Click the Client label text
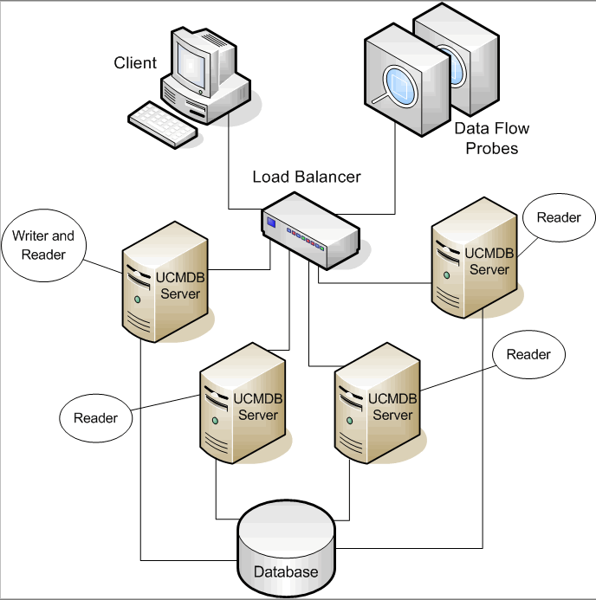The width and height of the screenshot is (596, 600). [136, 62]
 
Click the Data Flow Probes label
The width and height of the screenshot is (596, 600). [492, 139]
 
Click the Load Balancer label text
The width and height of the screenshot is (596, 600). [307, 177]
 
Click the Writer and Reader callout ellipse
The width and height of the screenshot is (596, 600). [43, 244]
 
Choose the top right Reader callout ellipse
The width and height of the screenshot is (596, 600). [559, 217]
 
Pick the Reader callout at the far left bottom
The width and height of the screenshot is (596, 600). [95, 418]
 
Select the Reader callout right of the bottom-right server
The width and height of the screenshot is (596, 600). [528, 355]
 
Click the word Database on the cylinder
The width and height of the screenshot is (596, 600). [285, 571]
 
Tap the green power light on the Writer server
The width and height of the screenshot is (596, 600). [137, 300]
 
